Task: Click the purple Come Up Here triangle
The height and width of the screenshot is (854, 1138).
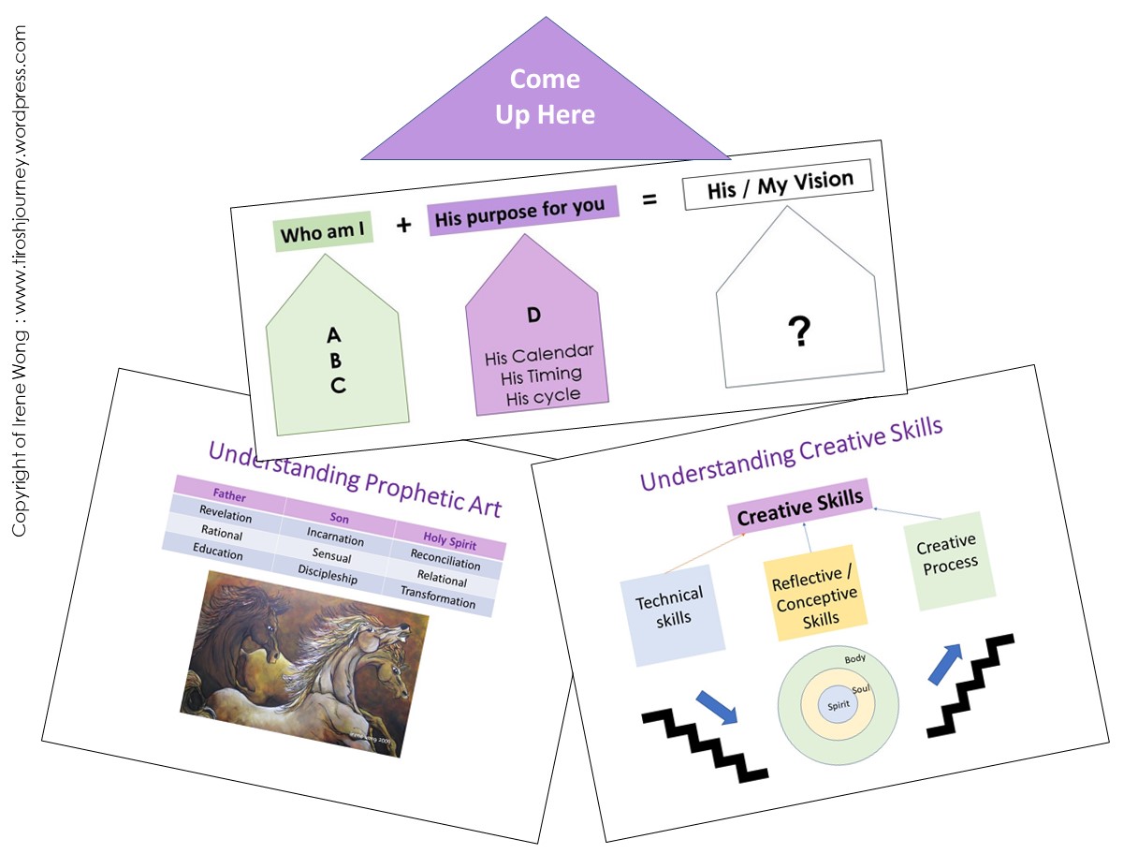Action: pyautogui.click(x=546, y=98)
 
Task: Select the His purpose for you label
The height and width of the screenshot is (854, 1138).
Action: pyautogui.click(x=520, y=210)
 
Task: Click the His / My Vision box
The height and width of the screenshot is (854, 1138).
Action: pyautogui.click(x=779, y=184)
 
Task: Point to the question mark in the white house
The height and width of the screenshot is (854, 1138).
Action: pyautogui.click(x=798, y=331)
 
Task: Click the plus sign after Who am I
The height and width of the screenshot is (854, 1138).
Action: pyautogui.click(x=403, y=225)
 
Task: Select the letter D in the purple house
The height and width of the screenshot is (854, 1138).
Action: pyautogui.click(x=533, y=315)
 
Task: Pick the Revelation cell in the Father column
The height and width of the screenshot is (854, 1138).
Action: pyautogui.click(x=226, y=515)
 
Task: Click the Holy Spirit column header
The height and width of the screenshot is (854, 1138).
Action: pyautogui.click(x=450, y=542)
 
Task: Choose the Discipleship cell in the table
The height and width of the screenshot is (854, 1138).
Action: pyautogui.click(x=328, y=574)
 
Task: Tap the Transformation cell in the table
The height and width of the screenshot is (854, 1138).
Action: pyautogui.click(x=438, y=596)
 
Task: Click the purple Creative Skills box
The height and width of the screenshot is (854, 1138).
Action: pyautogui.click(x=800, y=506)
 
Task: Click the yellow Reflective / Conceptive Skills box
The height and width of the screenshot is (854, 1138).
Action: pyautogui.click(x=815, y=593)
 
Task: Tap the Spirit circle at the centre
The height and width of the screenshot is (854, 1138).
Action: pyautogui.click(x=838, y=704)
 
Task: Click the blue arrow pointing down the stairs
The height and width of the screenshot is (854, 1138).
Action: pyautogui.click(x=716, y=706)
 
